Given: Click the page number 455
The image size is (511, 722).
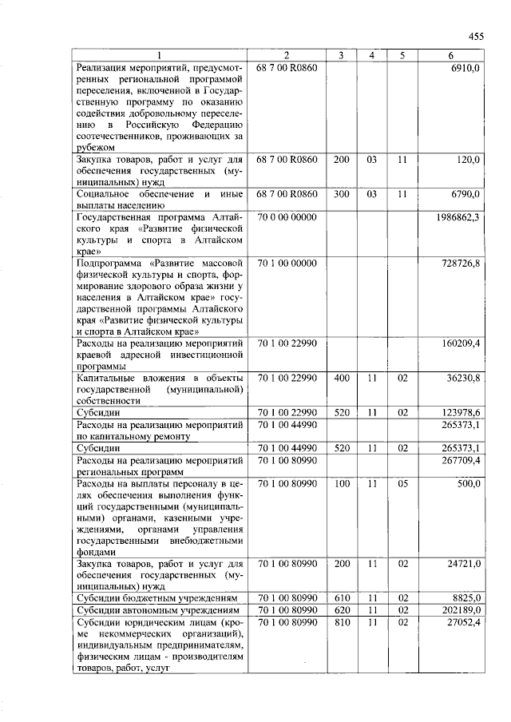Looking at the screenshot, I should pyautogui.click(x=476, y=37).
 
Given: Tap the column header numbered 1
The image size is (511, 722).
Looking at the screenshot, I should pyautogui.click(x=160, y=55).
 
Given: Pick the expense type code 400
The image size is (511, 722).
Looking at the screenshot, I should pyautogui.click(x=342, y=377).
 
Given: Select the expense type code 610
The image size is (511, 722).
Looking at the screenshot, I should pyautogui.click(x=342, y=597).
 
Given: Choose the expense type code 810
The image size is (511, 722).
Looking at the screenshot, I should pyautogui.click(x=342, y=621).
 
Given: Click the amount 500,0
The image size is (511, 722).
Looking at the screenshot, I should pyautogui.click(x=466, y=483).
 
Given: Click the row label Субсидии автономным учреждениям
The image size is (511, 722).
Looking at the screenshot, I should pyautogui.click(x=156, y=609).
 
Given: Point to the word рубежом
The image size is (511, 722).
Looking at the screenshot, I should pyautogui.click(x=96, y=147).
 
